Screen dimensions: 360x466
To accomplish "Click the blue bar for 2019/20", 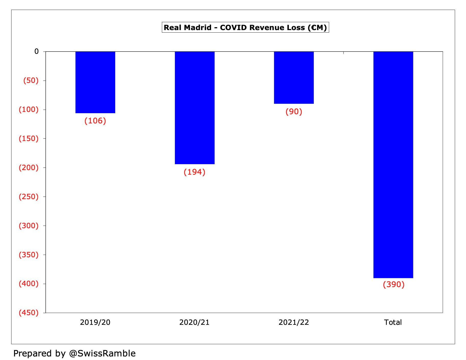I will [95, 82].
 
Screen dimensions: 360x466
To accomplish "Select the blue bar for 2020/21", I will [195, 108].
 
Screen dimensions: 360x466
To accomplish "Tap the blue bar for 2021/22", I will [294, 78].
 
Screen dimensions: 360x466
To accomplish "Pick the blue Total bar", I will [393, 164].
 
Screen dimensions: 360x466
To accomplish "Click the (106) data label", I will [95, 121].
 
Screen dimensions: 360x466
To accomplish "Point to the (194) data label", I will [195, 172].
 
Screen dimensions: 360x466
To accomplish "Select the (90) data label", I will [294, 112].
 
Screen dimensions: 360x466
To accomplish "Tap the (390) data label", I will [394, 285].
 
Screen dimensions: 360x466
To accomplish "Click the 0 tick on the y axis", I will [36, 52].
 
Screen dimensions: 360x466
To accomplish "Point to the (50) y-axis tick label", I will [31, 81].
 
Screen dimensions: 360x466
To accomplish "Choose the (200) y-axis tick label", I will [29, 168].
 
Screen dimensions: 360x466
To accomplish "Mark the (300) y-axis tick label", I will [29, 226].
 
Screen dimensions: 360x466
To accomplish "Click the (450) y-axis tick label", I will [29, 313].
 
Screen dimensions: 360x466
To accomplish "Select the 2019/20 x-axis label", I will [95, 322].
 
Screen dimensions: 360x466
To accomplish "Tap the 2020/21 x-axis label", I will [194, 322].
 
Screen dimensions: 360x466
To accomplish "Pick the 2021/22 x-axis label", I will [294, 322].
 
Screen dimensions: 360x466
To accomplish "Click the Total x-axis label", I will [393, 322].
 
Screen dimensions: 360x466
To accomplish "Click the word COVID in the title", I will [234, 28].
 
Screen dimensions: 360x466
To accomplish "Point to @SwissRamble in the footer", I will [102, 353].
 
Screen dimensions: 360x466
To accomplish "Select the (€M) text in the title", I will [317, 28].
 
